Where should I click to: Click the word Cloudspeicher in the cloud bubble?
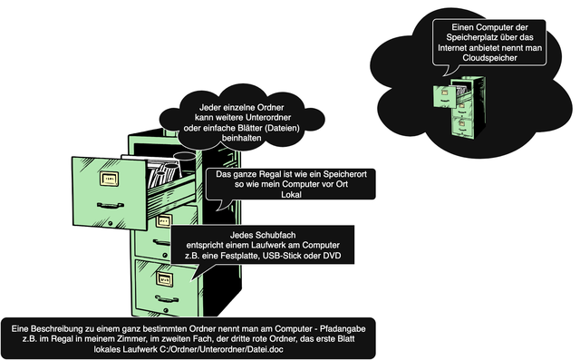(489, 58)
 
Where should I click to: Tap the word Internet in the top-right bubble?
(451, 48)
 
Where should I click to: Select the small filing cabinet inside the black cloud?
(459, 107)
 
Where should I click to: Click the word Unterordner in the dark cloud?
(266, 117)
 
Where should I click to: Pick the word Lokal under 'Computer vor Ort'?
(292, 194)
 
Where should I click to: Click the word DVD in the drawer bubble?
(333, 256)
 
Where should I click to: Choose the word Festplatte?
(239, 256)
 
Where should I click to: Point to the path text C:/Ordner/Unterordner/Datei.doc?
(221, 349)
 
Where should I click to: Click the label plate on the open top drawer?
(110, 179)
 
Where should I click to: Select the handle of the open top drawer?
(111, 205)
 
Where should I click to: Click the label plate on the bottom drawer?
(165, 279)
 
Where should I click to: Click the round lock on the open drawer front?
(111, 223)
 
